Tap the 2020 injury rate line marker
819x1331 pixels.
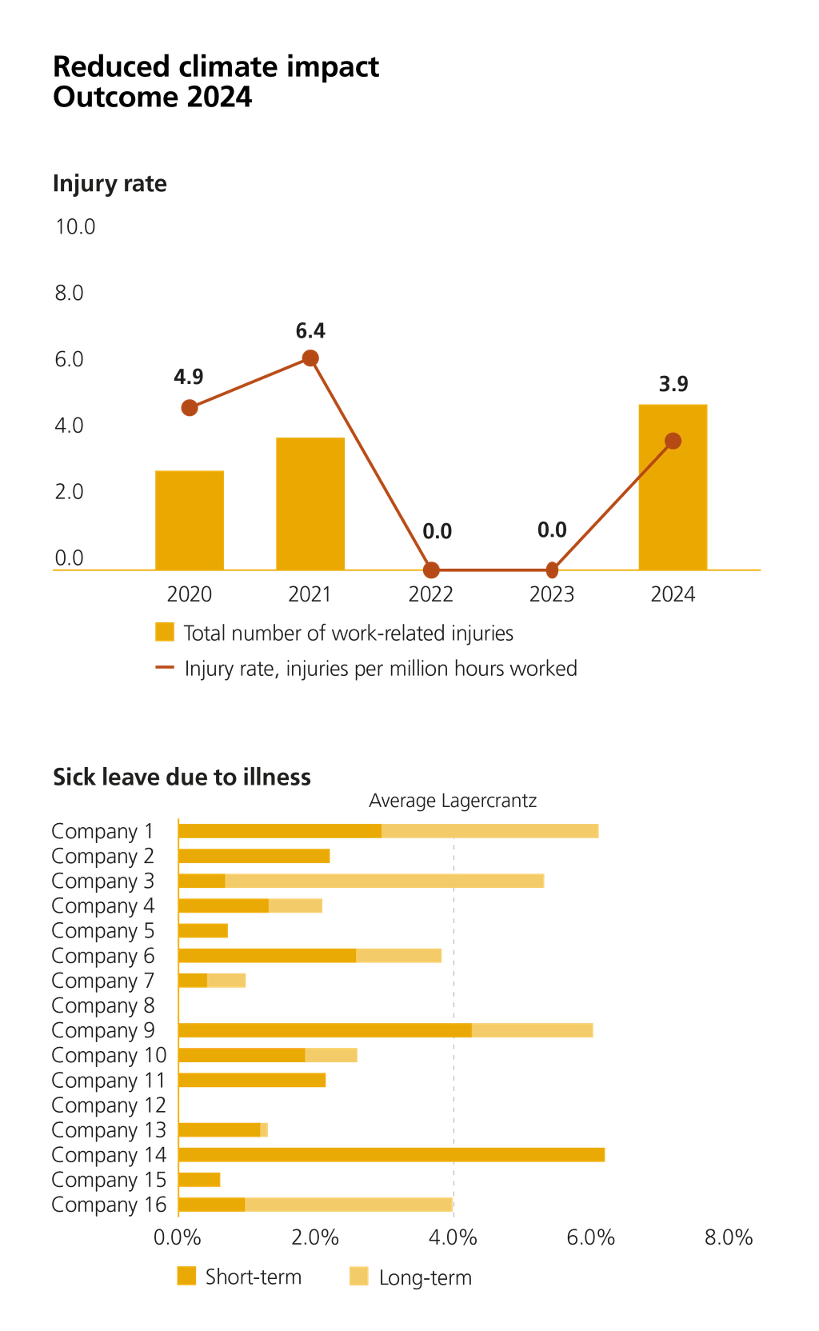point(189,408)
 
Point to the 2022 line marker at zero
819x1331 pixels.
point(431,570)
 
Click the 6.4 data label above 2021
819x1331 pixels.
point(310,330)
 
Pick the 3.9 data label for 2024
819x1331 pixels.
point(673,384)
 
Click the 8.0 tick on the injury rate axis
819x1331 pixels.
point(70,293)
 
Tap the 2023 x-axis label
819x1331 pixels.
point(551,594)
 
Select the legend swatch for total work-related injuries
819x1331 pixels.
point(164,632)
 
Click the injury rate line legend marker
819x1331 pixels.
point(164,668)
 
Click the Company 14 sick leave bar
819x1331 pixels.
point(393,1154)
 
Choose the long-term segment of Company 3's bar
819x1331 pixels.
point(385,881)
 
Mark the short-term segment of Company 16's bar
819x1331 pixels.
point(213,1205)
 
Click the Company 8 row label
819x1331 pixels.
point(103,1005)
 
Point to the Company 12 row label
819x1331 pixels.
point(109,1105)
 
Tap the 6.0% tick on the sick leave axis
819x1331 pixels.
point(590,1237)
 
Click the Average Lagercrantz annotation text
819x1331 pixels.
point(453,801)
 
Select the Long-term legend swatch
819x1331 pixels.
point(360,1277)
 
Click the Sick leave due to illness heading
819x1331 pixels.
point(182,777)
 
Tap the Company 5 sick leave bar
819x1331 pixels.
point(204,930)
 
